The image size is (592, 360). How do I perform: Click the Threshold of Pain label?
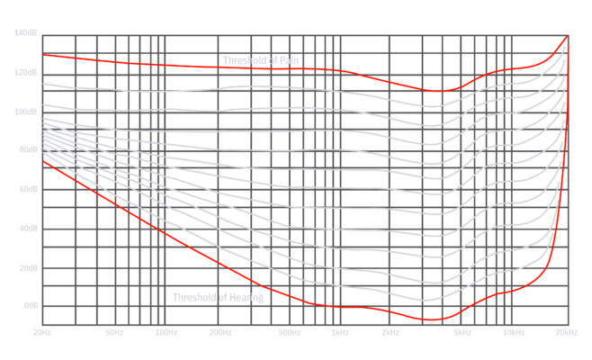tap(261, 60)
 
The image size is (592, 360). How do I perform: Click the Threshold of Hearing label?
tap(218, 297)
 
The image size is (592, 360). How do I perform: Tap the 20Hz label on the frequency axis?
tap(41, 332)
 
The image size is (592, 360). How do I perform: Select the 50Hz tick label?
tap(113, 332)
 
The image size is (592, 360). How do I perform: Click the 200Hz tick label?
tap(220, 332)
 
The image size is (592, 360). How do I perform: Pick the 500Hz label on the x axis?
tap(289, 332)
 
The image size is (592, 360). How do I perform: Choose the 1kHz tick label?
tap(339, 332)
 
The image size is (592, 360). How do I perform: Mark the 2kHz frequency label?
tap(391, 332)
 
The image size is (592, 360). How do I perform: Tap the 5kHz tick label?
tap(462, 332)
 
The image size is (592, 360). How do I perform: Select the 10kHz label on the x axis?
tap(513, 332)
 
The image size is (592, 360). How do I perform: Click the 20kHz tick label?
tap(566, 332)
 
